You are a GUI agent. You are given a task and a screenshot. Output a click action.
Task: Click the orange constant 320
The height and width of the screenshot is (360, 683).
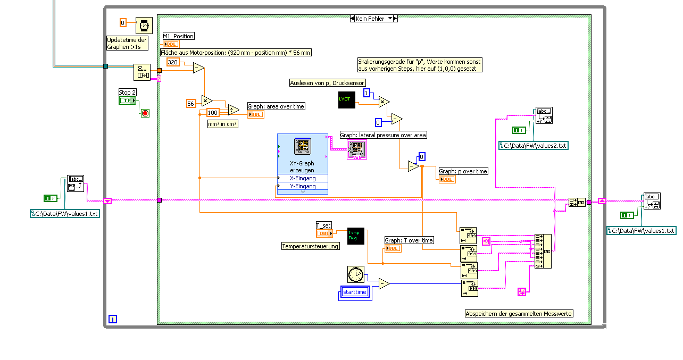173,62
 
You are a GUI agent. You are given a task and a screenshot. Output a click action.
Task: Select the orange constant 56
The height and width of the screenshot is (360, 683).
191,103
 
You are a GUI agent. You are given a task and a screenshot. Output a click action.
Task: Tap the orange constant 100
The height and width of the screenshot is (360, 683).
213,113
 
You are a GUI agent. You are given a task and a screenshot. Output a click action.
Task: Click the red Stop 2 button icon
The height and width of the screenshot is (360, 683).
145,113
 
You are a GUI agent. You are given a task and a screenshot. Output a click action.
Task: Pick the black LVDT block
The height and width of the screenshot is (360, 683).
346,100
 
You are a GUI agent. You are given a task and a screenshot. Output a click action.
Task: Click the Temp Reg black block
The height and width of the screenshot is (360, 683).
355,236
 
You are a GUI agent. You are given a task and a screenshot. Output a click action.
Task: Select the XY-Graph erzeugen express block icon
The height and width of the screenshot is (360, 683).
302,147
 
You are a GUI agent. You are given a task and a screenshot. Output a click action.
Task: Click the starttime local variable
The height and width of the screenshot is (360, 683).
355,292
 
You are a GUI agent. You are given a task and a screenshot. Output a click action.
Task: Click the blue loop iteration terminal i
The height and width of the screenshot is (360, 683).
113,319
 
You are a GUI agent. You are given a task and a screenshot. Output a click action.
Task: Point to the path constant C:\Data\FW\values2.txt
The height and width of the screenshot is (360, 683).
534,145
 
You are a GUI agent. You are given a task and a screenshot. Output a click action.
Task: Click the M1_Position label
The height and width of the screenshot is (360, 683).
179,36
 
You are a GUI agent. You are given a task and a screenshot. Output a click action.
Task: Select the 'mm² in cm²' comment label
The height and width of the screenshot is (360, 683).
223,124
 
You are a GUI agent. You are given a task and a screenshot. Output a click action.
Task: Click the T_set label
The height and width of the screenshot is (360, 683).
323,225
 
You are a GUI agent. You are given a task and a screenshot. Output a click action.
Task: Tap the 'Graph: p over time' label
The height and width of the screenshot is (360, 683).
463,171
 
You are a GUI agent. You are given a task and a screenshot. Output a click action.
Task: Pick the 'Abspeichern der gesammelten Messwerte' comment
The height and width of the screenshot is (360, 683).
519,314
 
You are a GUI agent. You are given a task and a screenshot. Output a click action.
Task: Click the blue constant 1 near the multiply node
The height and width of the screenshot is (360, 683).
367,94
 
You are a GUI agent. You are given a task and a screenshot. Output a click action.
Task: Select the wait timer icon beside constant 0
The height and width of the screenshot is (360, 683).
144,24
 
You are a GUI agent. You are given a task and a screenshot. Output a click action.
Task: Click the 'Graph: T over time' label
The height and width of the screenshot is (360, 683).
409,240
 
